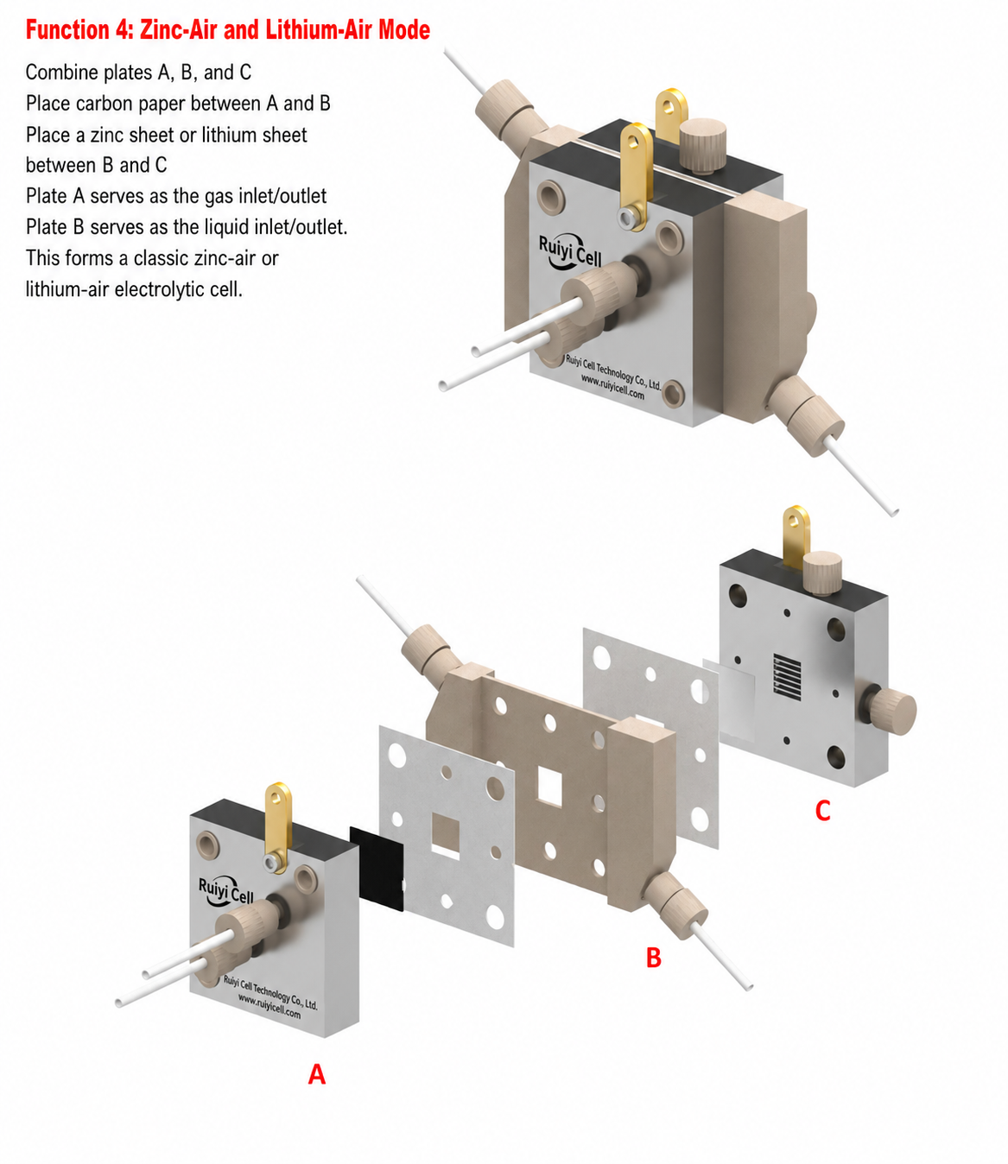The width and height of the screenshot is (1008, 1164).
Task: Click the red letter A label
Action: click(316, 1074)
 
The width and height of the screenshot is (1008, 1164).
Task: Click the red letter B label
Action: click(653, 958)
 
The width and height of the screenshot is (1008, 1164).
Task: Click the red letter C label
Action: click(822, 811)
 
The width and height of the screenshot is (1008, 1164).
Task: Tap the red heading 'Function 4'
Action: click(79, 30)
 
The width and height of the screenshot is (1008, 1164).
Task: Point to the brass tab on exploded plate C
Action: click(796, 535)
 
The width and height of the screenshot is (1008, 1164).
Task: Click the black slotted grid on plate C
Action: click(787, 677)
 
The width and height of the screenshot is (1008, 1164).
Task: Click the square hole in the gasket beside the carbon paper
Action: click(446, 836)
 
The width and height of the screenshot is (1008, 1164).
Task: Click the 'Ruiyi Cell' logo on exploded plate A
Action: click(226, 891)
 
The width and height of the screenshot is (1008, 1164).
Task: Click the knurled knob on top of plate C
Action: click(822, 573)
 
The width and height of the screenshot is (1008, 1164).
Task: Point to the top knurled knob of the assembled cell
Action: click(702, 145)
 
